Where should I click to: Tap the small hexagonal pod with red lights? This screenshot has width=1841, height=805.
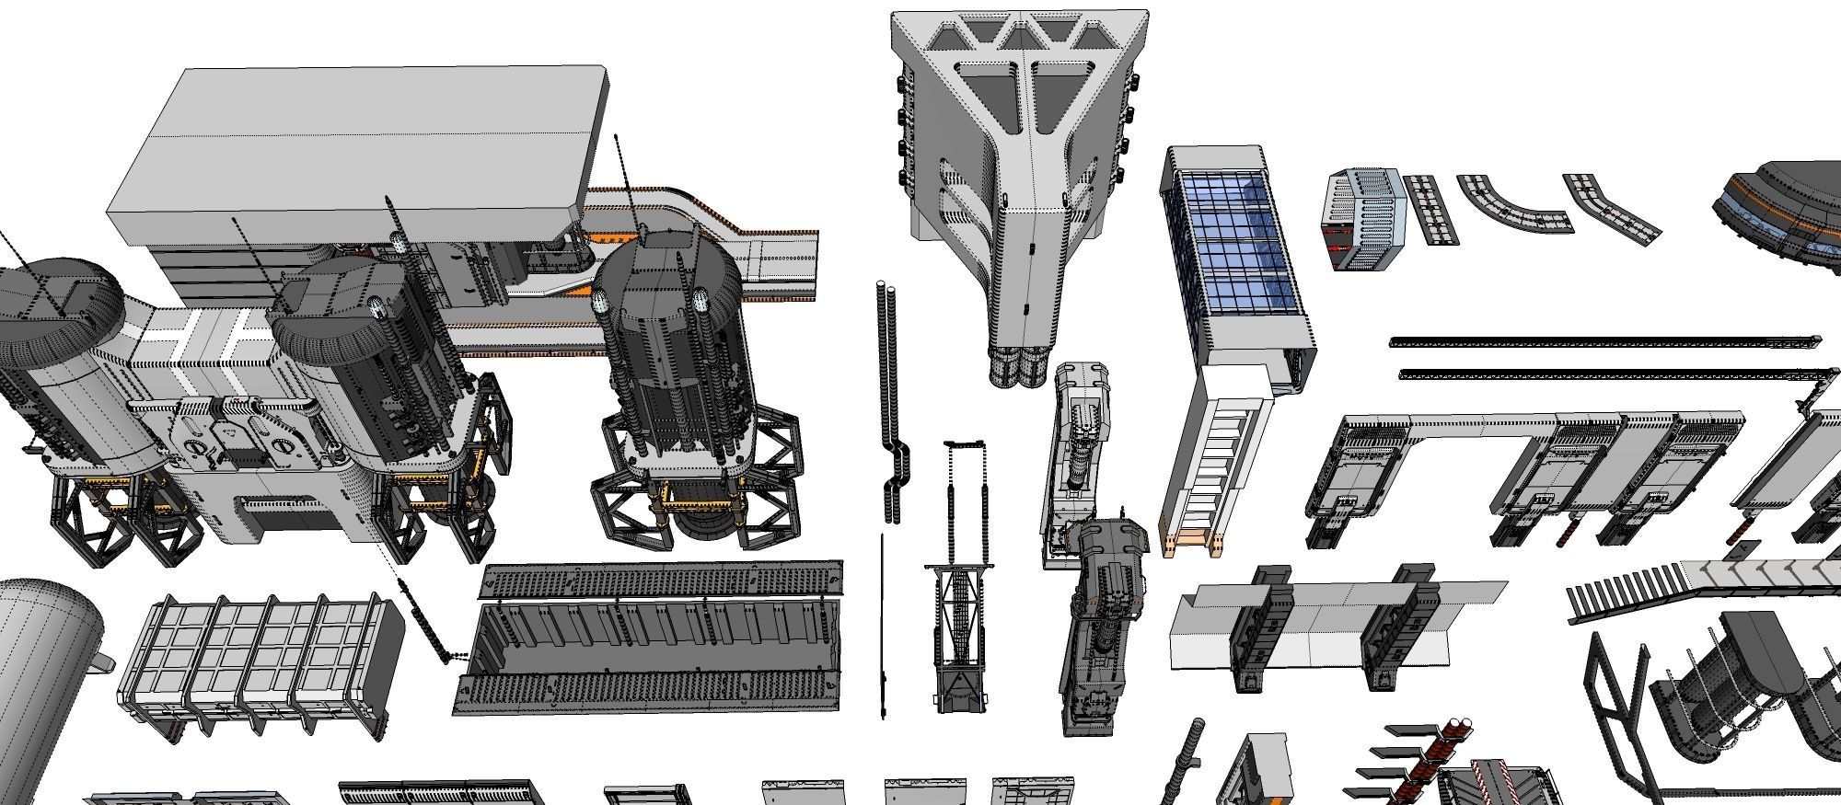1362,219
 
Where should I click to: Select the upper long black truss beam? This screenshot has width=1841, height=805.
1602,341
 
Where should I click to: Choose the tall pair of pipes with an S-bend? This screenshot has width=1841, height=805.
889,396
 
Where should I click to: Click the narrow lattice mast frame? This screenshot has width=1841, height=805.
960,589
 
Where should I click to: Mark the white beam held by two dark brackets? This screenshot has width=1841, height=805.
1326,626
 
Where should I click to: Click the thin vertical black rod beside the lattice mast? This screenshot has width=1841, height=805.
883,626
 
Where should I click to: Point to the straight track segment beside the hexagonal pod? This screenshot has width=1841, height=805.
1430,209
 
